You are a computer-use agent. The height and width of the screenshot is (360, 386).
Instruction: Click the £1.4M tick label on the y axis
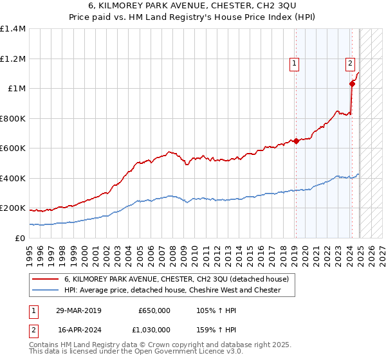(x=13, y=29)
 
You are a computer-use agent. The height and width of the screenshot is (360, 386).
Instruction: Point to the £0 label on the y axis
(x=21, y=239)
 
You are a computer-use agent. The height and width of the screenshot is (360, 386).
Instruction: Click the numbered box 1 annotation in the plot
(x=294, y=63)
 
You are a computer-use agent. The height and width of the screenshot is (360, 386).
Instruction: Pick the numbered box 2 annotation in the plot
(x=350, y=63)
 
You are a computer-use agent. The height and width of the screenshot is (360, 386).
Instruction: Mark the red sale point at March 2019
(x=296, y=141)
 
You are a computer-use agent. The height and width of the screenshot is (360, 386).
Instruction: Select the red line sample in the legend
(x=45, y=280)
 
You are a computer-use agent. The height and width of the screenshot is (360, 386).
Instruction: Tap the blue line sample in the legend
(x=45, y=291)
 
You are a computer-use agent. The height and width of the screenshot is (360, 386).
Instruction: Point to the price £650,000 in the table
(x=154, y=310)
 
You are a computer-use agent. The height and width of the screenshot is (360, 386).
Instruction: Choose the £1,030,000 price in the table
(x=151, y=330)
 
